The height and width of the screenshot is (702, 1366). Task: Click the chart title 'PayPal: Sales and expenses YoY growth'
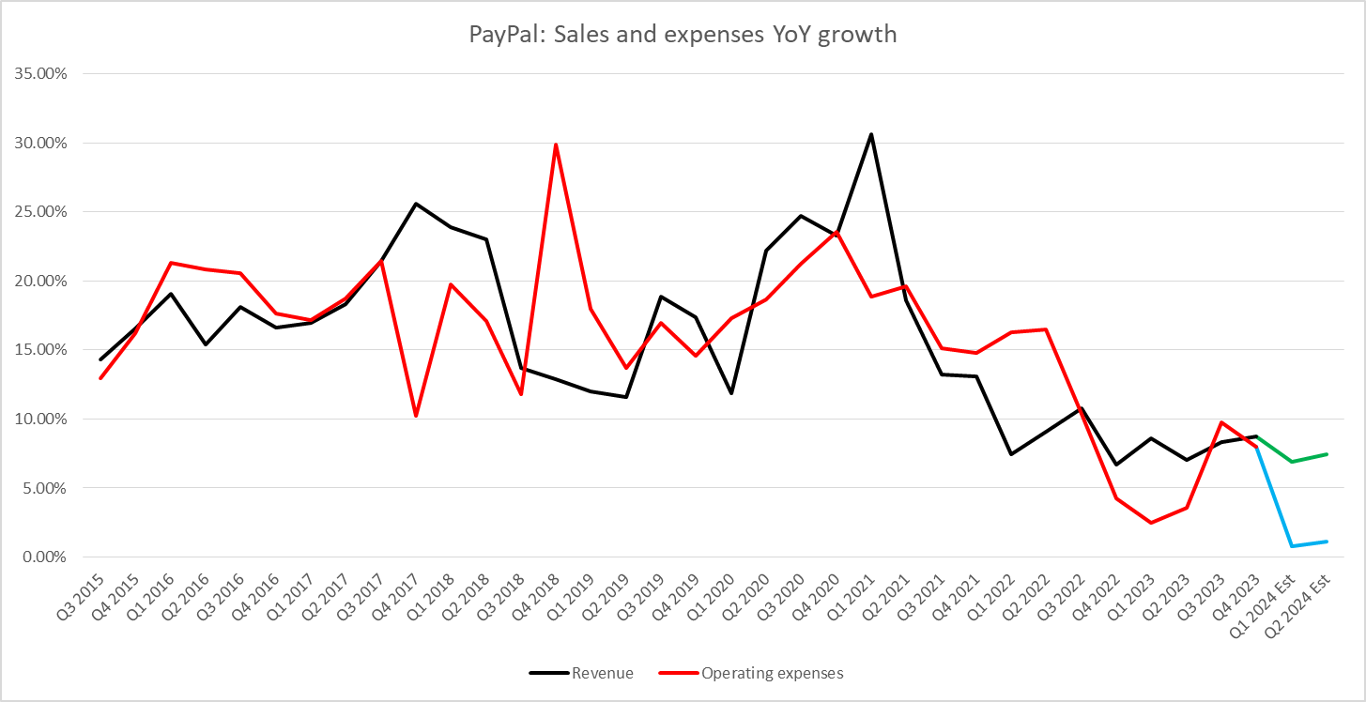click(683, 36)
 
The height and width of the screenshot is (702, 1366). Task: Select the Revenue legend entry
click(581, 673)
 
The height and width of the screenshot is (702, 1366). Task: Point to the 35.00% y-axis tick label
click(35, 74)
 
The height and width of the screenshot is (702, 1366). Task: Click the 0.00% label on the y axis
click(38, 557)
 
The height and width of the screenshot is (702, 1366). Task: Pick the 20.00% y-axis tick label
click(35, 282)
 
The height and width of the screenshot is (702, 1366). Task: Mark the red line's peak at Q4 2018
click(556, 145)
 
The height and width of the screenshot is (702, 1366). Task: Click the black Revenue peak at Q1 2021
click(870, 134)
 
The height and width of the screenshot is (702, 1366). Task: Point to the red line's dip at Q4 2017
click(416, 416)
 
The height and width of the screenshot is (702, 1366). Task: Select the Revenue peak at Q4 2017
click(416, 204)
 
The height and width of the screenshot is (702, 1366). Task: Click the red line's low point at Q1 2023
click(1151, 523)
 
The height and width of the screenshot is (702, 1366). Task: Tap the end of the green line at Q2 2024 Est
click(1326, 454)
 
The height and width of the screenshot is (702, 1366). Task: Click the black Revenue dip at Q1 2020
click(730, 393)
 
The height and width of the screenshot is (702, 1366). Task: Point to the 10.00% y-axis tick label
click(35, 420)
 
